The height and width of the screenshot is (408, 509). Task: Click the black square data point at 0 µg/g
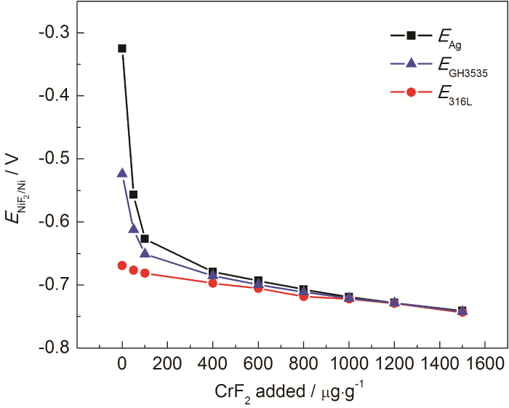(122, 49)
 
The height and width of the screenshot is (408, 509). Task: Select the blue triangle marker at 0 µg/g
(122, 173)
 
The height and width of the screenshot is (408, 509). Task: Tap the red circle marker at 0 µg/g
(122, 265)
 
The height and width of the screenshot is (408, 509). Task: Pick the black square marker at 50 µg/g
(133, 194)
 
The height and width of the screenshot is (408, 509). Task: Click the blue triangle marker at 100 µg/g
(145, 253)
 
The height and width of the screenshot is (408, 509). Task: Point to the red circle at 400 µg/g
(212, 282)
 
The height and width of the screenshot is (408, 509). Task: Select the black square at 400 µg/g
(212, 272)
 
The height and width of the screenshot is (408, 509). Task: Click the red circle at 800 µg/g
(303, 296)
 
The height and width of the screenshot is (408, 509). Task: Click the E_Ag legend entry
(429, 36)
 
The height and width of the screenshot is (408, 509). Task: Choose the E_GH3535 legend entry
(436, 64)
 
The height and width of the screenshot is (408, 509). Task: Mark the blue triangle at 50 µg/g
(133, 228)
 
